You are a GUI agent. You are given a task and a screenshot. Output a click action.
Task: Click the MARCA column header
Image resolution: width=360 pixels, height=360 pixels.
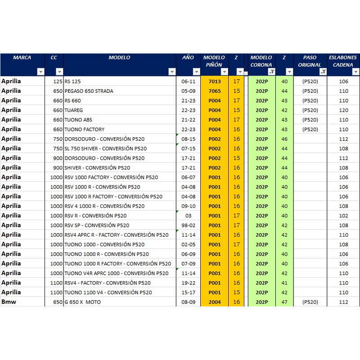[22, 58]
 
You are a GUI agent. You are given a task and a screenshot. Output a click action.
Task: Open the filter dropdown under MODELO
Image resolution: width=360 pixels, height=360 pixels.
[172, 72]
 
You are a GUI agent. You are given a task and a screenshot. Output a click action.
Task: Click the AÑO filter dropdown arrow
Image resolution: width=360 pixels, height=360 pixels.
[196, 72]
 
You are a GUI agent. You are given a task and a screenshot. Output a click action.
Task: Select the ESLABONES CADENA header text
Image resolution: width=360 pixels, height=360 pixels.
[343, 61]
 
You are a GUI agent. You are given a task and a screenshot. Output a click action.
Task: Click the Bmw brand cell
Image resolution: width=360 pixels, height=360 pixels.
[9, 301]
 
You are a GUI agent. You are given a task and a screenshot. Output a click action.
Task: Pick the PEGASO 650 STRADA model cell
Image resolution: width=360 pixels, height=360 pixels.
[89, 91]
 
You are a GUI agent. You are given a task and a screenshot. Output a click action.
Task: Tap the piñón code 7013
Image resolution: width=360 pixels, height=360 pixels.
[215, 81]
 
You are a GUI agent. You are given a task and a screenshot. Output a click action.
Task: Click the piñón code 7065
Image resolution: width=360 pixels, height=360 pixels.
[215, 91]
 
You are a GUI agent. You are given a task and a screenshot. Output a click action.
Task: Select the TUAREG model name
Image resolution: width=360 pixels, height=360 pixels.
[74, 110]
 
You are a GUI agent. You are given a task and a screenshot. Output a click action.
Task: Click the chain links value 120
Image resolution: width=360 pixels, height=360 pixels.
[343, 110]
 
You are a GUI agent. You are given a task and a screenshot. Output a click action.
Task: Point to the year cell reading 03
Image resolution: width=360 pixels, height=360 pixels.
[188, 216]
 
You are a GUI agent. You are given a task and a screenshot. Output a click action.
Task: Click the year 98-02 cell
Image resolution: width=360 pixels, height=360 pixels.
[188, 225]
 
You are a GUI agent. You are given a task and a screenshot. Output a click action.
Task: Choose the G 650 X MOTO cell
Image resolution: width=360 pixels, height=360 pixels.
[83, 302]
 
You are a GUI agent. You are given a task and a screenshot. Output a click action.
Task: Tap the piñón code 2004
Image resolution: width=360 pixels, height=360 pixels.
[215, 302]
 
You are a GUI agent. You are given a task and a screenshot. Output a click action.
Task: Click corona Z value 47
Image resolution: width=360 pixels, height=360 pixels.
[284, 302]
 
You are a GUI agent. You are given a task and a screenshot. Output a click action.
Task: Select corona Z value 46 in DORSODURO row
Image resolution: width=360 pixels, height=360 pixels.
[284, 139]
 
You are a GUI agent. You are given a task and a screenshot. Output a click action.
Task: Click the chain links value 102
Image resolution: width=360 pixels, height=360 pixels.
[343, 216]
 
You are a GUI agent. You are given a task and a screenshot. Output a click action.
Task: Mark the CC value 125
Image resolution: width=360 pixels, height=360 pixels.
[58, 81]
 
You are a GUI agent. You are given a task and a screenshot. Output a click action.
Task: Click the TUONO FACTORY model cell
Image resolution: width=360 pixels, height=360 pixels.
[85, 129]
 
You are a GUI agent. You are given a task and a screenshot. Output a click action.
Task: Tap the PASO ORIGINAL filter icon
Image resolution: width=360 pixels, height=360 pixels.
[323, 72]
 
